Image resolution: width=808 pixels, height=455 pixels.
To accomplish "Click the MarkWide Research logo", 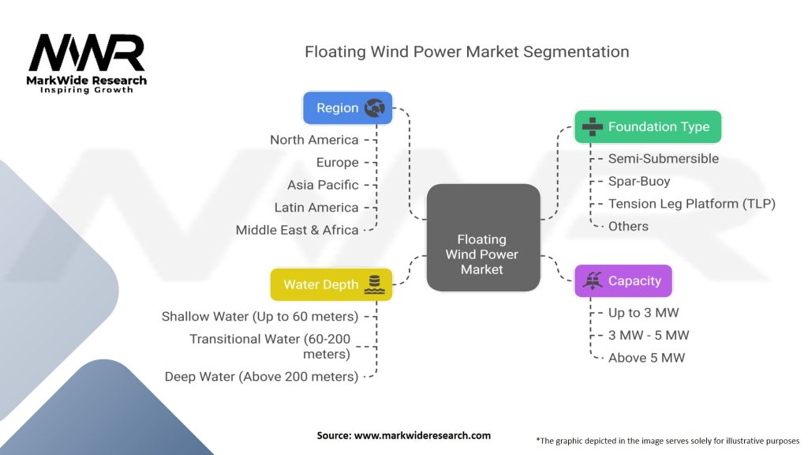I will (x=87, y=62).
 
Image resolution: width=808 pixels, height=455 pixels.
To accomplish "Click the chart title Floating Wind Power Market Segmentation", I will (x=467, y=52).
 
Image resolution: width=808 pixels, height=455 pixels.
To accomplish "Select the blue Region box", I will (x=347, y=108).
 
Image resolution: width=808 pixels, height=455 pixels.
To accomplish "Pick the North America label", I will (x=314, y=140).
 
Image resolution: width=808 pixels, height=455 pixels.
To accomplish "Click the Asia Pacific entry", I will (x=323, y=185).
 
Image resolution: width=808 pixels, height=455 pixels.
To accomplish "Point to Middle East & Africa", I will (x=297, y=230).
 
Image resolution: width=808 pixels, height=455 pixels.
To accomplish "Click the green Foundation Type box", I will (x=647, y=126).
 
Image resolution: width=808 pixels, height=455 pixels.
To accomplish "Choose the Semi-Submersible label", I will (x=663, y=159).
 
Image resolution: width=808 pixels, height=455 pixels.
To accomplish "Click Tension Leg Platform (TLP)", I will (x=691, y=204).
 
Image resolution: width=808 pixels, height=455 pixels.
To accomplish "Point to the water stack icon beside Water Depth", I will (x=374, y=284).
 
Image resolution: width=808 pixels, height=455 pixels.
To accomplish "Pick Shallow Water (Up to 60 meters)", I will (x=260, y=317).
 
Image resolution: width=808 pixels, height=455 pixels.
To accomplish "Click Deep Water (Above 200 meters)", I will (x=261, y=377).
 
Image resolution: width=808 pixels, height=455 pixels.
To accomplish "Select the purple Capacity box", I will (x=623, y=280).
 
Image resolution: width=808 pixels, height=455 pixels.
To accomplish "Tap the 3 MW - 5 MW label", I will (x=648, y=335).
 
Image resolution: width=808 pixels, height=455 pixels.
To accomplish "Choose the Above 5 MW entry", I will (x=646, y=358).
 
